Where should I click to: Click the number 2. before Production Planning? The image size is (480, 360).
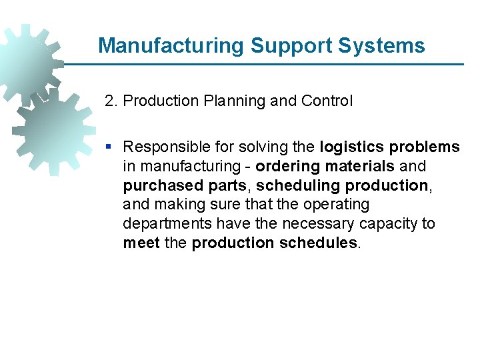click(x=111, y=101)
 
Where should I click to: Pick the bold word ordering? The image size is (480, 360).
click(x=288, y=166)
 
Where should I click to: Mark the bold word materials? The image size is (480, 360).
click(x=360, y=166)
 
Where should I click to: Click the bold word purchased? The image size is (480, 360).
click(x=157, y=185)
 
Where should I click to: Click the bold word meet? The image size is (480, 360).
click(x=141, y=243)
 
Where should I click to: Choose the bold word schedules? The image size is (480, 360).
click(x=318, y=243)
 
